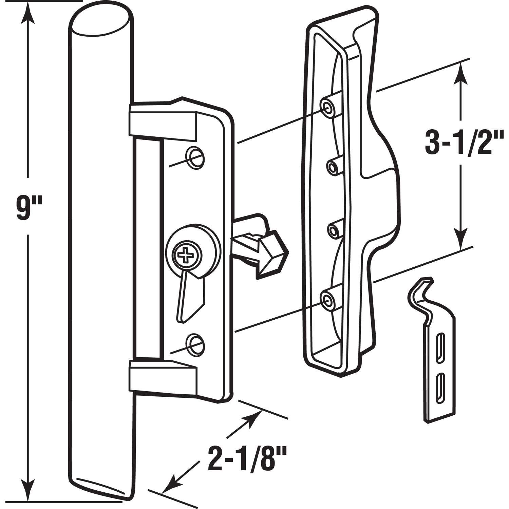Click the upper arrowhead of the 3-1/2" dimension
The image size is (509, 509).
[460, 70]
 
